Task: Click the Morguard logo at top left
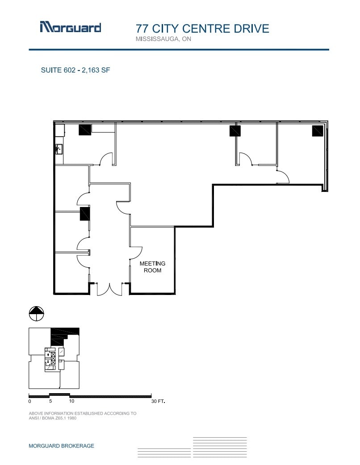click(70, 27)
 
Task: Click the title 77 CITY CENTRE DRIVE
click(202, 29)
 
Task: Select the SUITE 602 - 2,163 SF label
click(75, 70)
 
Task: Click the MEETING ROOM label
click(152, 267)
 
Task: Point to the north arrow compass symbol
click(37, 314)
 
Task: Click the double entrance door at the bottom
click(109, 289)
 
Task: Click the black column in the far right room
click(317, 130)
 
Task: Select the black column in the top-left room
click(85, 129)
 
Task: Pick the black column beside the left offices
click(85, 213)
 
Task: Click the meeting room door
click(136, 253)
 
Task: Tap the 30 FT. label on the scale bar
click(158, 402)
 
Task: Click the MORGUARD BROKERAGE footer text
click(61, 446)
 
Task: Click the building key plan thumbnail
click(54, 358)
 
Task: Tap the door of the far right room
click(283, 178)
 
